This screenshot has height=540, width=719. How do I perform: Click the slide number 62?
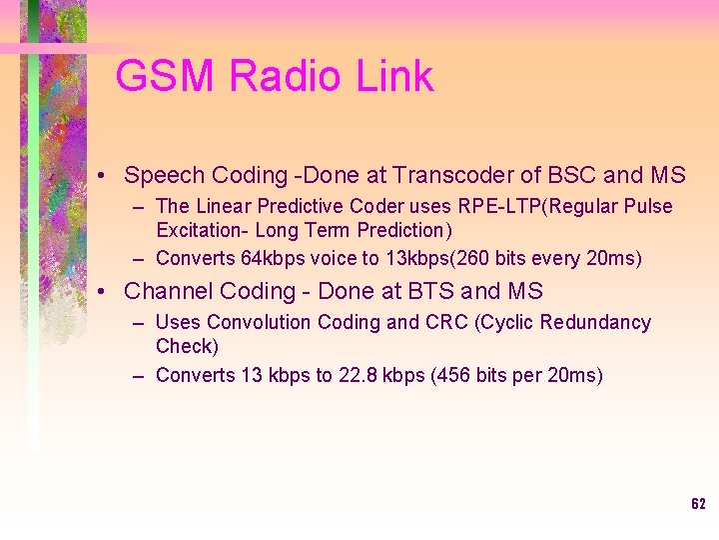(x=698, y=503)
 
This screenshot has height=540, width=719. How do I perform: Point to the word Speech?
(x=164, y=176)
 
